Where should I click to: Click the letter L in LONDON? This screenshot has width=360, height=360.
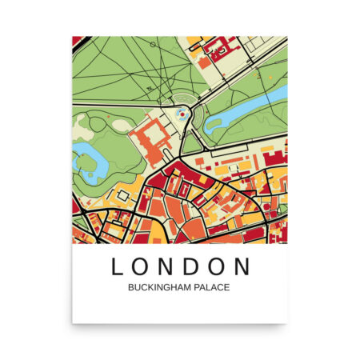117,266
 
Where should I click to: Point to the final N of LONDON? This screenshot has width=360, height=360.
242,266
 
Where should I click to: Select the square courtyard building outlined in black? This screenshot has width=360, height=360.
125,195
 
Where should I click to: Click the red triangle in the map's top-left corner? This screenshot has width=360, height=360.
77,41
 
